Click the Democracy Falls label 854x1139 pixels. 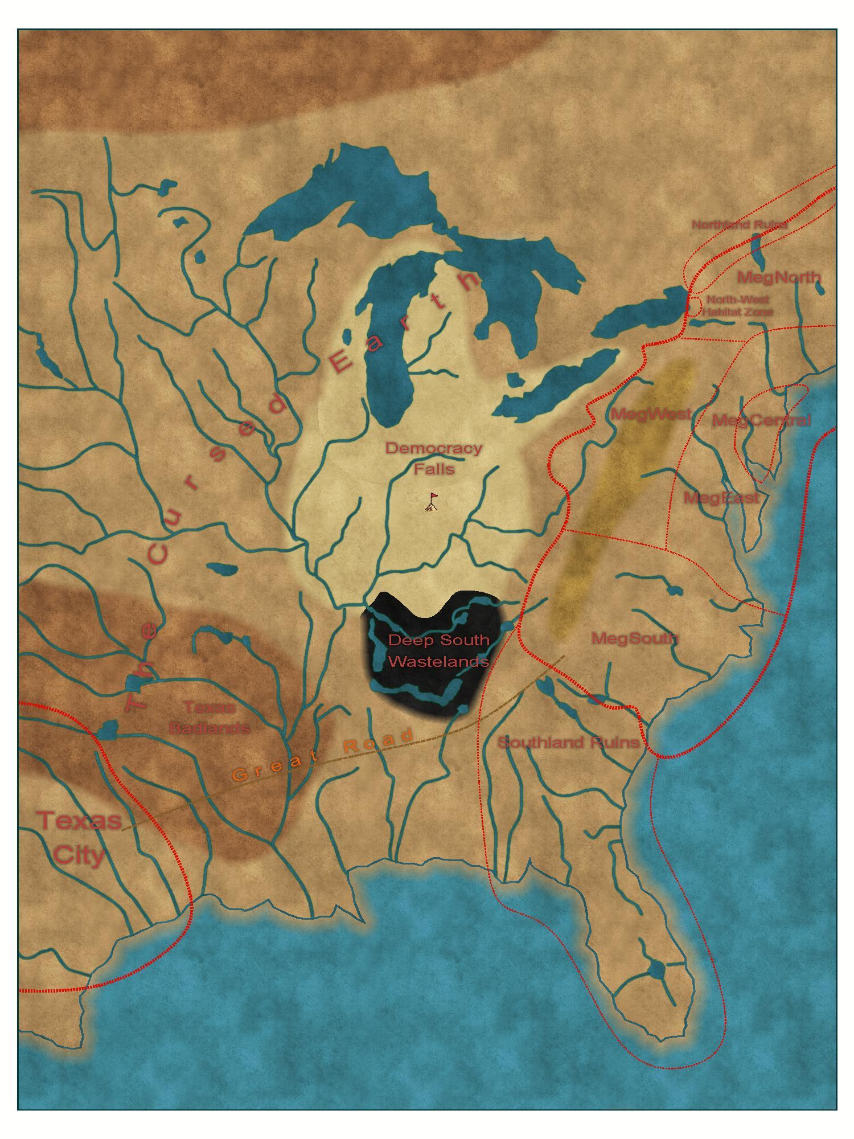pos(434,458)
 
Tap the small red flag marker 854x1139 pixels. pos(433,502)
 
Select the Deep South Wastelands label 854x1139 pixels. pos(438,650)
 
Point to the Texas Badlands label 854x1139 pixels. pos(209,718)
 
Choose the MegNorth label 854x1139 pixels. pos(779,278)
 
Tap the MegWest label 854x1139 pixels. pos(651,414)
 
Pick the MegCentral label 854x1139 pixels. pos(761,421)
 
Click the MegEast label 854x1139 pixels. pos(721,498)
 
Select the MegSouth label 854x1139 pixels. pos(635,638)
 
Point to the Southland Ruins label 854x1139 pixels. pos(568,743)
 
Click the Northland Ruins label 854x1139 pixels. pos(739,224)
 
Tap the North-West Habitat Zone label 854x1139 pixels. pos(738,306)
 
